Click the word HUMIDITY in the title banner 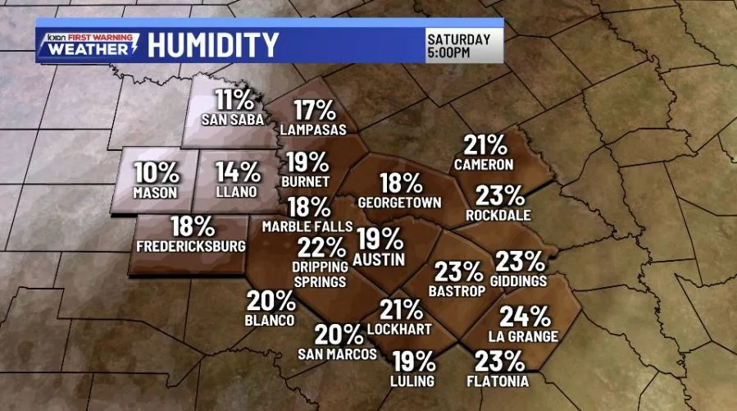[213, 45]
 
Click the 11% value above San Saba [235, 101]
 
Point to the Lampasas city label [312, 130]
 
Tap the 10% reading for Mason [157, 172]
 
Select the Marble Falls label [307, 226]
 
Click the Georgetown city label [400, 202]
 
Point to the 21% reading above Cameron [485, 146]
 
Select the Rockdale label [498, 215]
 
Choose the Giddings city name [521, 281]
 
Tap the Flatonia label [502, 381]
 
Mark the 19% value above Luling [413, 361]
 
